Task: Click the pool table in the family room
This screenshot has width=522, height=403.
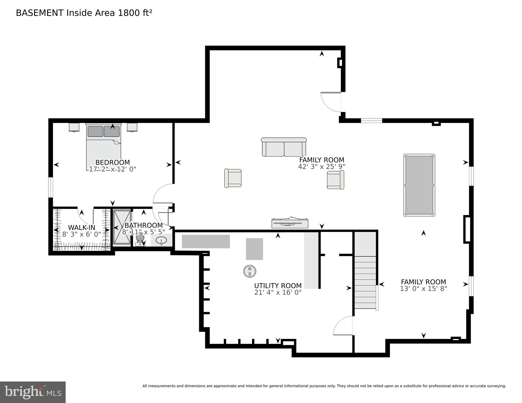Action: tap(419, 185)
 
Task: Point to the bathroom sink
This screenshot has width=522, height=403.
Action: tap(161, 240)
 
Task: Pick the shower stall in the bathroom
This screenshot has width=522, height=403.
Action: tap(122, 227)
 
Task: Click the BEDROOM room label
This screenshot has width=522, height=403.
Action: tap(112, 162)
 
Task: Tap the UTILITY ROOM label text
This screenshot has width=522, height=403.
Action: tap(278, 286)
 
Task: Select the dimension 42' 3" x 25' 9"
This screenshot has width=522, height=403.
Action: tap(322, 167)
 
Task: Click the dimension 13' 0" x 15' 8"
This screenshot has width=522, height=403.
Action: tap(423, 289)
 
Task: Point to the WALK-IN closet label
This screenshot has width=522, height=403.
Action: tap(82, 227)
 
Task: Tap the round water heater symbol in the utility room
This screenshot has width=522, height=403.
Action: tap(250, 271)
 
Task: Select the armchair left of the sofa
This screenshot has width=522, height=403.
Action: tap(233, 178)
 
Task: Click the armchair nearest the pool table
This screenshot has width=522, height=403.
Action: tap(335, 180)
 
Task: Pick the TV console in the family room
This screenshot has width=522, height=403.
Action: tap(290, 223)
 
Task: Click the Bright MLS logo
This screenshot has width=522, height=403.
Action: tap(33, 392)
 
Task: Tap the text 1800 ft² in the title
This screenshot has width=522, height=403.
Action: tap(135, 13)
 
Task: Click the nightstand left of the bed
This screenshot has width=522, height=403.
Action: tap(74, 127)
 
